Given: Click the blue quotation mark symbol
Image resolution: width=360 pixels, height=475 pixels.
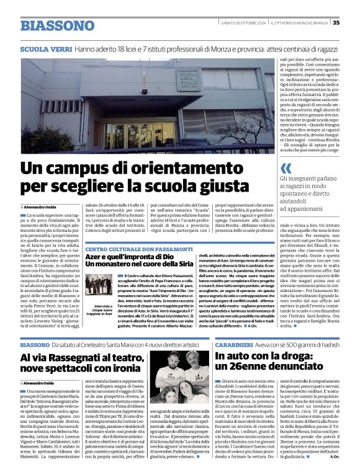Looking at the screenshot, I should pyautogui.click(x=286, y=168).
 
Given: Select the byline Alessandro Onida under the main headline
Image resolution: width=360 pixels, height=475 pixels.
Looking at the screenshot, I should pyautogui.click(x=41, y=206).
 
